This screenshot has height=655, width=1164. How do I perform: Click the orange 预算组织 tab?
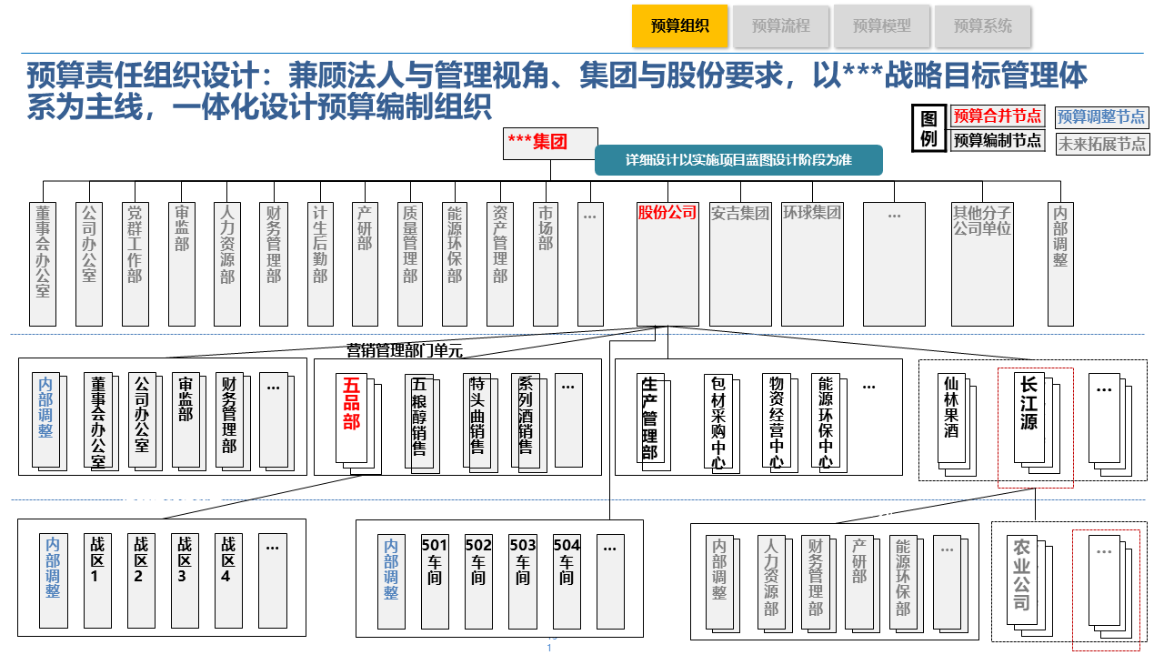(x=680, y=26)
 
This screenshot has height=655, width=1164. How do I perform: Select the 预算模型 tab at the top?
(x=881, y=26)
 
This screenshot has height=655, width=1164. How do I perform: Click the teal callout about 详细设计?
(x=738, y=160)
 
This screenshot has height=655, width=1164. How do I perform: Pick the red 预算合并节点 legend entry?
(x=998, y=116)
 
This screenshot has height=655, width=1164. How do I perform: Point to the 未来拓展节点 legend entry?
(x=1101, y=144)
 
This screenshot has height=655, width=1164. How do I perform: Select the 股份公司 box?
(x=667, y=264)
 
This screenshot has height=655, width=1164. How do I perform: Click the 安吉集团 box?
(x=740, y=264)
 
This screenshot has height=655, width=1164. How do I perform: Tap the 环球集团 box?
(x=812, y=264)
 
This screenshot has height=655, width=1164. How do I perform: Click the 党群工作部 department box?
(x=135, y=264)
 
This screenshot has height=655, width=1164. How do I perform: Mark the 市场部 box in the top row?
(x=546, y=264)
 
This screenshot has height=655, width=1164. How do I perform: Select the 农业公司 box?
(x=1023, y=582)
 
